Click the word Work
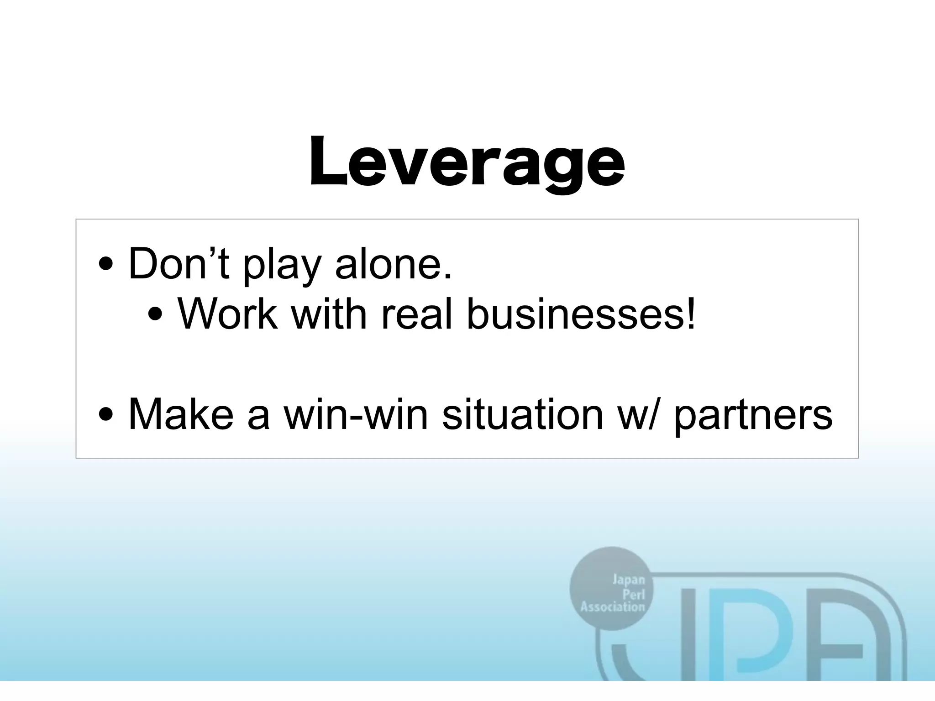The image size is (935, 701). point(228,314)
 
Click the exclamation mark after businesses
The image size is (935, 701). point(691,314)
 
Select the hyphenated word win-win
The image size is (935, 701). point(356,414)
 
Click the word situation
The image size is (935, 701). point(523,414)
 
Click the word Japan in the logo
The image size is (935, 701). point(628,580)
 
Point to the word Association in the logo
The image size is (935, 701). point(612,607)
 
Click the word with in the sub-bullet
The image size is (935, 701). point(329,314)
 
